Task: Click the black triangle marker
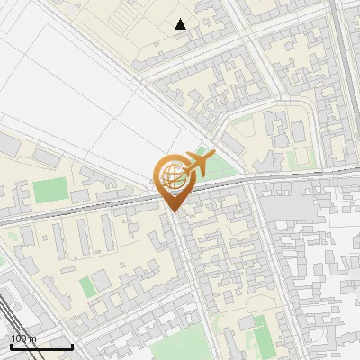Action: [181, 24]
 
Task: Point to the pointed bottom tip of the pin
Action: [172, 212]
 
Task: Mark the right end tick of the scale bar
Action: [72, 346]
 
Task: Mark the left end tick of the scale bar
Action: [11, 346]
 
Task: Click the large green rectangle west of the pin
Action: [52, 190]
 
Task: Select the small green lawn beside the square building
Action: [86, 286]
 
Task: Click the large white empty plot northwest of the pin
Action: [81, 90]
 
